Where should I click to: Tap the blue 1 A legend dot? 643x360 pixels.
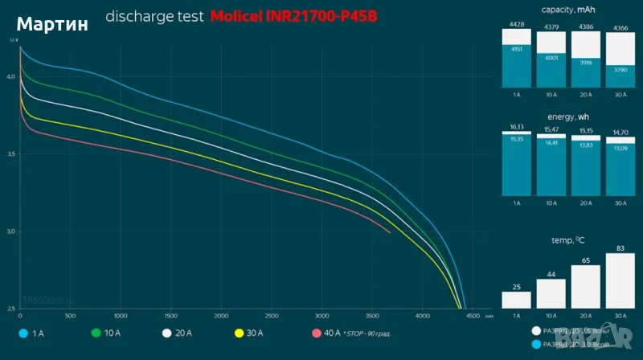23,332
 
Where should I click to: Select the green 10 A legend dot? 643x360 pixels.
96,332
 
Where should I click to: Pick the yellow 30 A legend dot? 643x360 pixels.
238,332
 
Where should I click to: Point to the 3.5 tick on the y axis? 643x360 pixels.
11,153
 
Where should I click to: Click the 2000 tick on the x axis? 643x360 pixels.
221,316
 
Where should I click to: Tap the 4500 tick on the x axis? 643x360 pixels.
473,316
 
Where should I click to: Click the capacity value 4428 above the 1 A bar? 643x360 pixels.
516,27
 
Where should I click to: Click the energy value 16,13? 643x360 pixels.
516,127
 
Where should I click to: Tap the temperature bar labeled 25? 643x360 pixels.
516,299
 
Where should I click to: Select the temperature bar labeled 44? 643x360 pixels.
551,293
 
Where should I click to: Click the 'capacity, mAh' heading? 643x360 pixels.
568,10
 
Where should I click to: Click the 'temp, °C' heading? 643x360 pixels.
568,240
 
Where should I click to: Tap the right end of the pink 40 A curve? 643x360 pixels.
391,232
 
